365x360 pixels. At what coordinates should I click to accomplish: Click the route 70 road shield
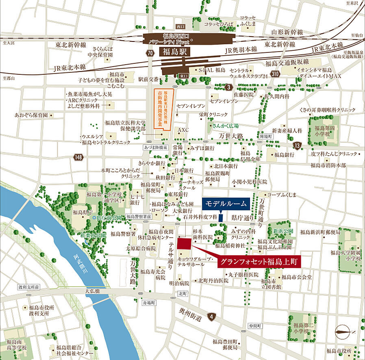tap(150, 53)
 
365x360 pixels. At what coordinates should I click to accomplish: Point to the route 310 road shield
tap(276, 74)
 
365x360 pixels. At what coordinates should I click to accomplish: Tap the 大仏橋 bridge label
tap(92, 291)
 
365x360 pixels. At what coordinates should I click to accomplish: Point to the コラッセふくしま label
tap(247, 20)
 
